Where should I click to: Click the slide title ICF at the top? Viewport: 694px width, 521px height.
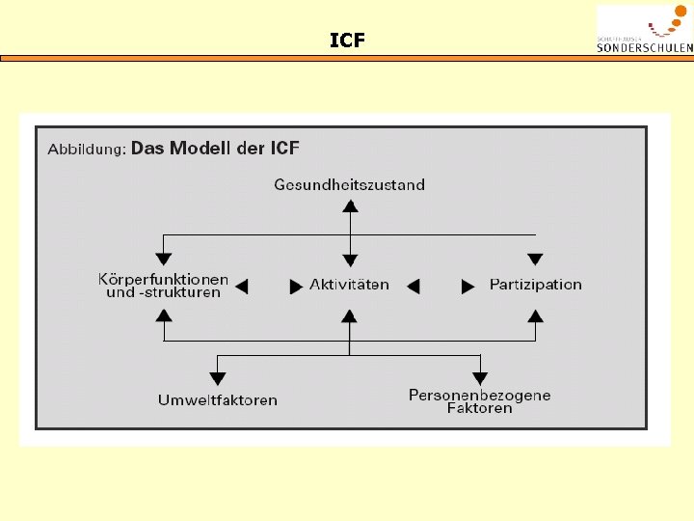(347, 41)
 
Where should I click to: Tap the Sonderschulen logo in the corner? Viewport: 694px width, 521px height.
(644, 29)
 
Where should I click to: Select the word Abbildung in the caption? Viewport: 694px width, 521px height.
(87, 151)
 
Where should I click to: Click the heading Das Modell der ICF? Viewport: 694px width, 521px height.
(215, 149)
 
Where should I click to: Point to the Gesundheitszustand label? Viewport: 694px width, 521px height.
(349, 184)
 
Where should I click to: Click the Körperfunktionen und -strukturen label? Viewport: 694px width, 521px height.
(164, 286)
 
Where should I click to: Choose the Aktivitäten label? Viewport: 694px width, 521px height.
(349, 285)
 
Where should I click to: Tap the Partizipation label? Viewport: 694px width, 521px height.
(535, 285)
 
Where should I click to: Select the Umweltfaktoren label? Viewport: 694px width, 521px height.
(218, 400)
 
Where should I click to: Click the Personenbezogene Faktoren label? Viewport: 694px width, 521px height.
(479, 401)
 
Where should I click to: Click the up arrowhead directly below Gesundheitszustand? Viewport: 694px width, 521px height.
(351, 206)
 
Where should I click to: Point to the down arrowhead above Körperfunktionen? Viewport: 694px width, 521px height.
(164, 259)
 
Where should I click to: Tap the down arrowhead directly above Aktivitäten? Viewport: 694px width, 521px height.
(351, 260)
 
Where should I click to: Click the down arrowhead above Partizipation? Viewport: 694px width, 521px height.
(535, 259)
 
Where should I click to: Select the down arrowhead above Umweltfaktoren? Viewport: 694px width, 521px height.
(218, 378)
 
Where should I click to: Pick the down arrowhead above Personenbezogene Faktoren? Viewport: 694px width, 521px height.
(480, 378)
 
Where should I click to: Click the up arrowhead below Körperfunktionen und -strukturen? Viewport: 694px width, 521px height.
(164, 315)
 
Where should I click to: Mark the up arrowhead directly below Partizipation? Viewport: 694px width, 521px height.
(535, 315)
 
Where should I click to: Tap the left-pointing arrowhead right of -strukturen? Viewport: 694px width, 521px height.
(242, 287)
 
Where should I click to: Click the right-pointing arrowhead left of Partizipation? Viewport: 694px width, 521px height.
(468, 287)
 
